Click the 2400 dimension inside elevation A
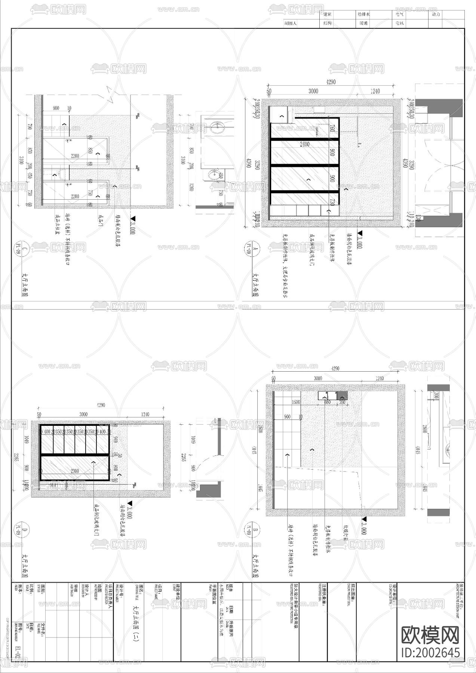(304, 144)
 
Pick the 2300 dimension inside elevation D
(75, 471)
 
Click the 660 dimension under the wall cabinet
(327, 402)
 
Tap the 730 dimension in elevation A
(332, 202)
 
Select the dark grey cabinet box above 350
(343, 396)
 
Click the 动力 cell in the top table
(436, 14)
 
